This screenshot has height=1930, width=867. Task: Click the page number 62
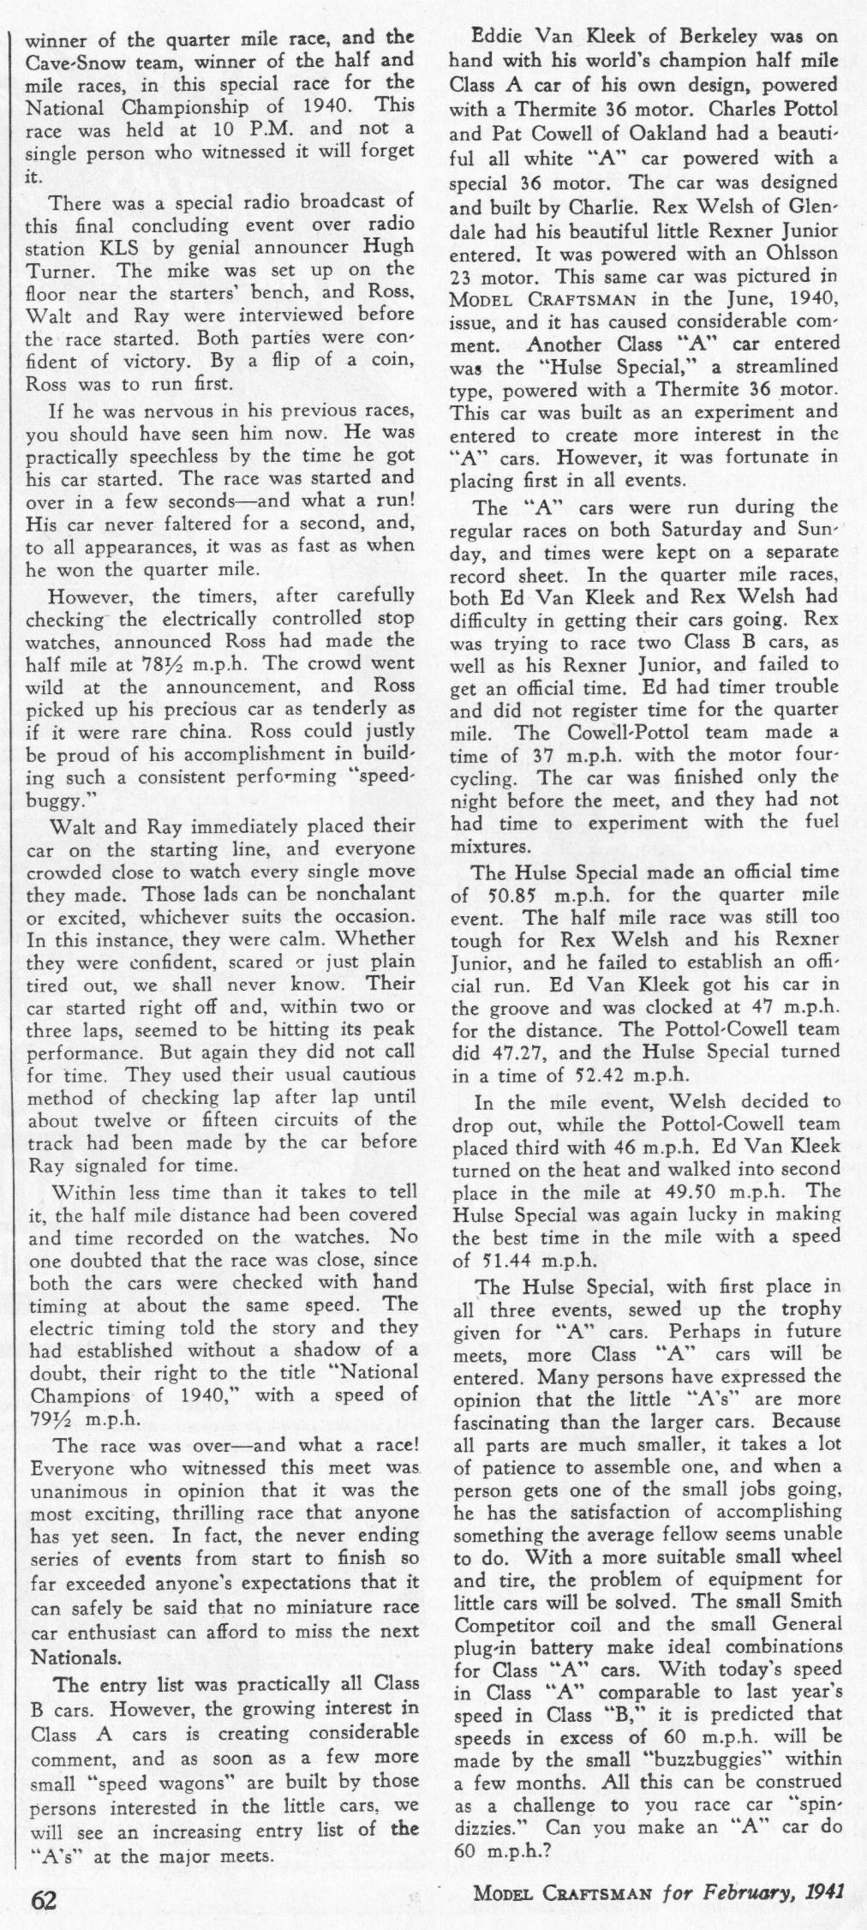click(44, 1899)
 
